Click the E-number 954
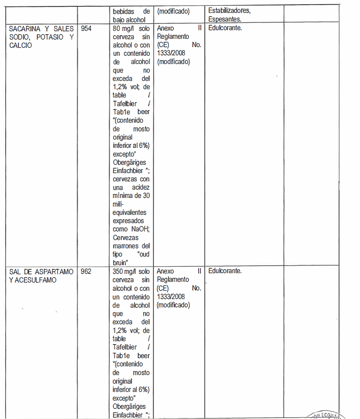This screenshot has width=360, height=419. click(86, 29)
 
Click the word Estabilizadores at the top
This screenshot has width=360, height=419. click(229, 11)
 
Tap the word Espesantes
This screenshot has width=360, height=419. click(225, 19)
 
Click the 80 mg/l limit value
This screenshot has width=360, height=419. click(123, 29)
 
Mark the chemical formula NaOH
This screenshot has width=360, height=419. click(140, 229)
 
